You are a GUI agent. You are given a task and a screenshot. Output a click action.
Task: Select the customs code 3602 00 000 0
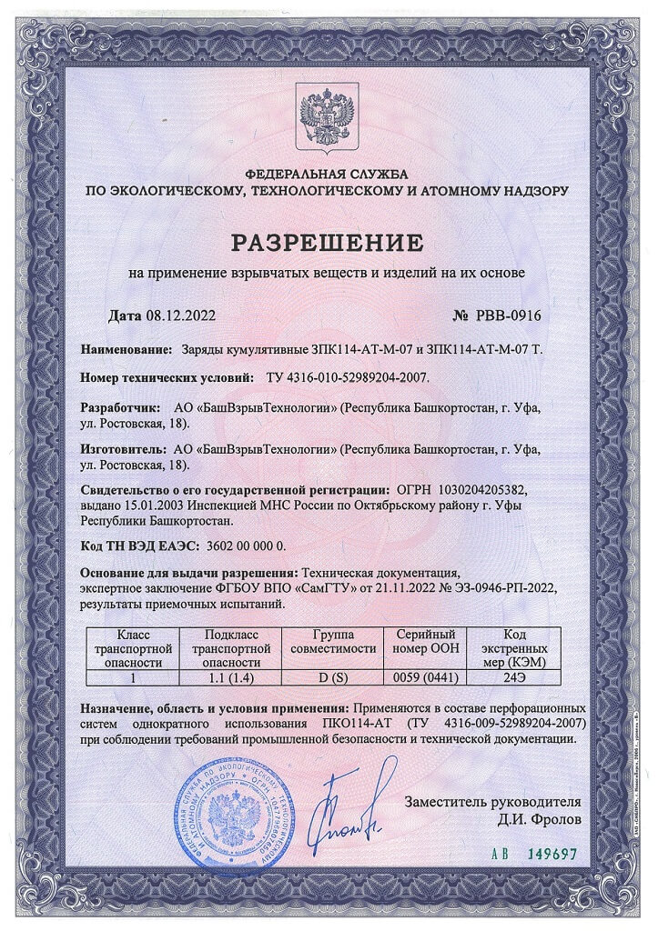[232, 546]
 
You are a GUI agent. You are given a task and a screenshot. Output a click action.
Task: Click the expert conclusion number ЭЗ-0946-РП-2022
[485, 588]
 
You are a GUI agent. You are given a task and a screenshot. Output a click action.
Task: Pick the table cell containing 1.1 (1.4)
[232, 677]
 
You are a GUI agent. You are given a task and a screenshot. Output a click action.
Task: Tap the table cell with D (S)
[329, 677]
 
